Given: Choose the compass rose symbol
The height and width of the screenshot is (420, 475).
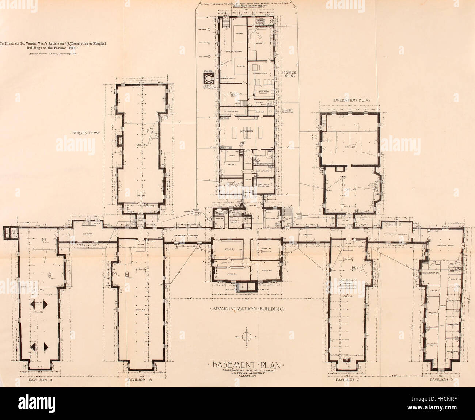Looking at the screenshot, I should coord(247,337).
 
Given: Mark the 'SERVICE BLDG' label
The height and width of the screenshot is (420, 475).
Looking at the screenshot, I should coord(289,75).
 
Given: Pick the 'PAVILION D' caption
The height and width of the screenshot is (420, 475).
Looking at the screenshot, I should coord(442,380).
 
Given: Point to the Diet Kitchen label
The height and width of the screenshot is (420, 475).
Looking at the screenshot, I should coord(261,171).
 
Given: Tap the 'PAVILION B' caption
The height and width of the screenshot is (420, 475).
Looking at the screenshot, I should coord(139,380).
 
